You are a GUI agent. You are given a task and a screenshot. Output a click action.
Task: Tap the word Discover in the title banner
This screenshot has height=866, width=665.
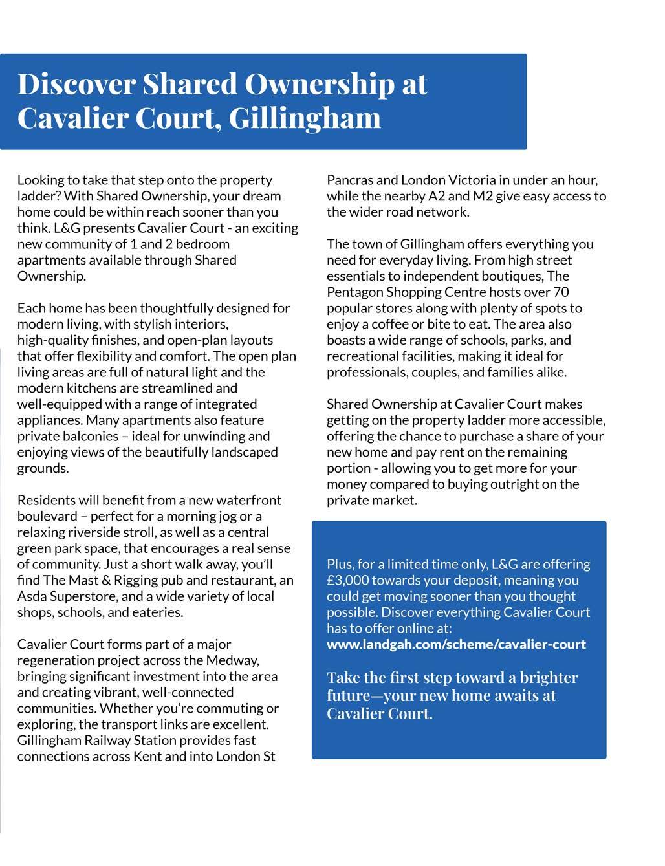coord(76,84)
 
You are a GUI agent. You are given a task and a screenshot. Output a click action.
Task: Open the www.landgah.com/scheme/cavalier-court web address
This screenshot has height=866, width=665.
coord(456,644)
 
